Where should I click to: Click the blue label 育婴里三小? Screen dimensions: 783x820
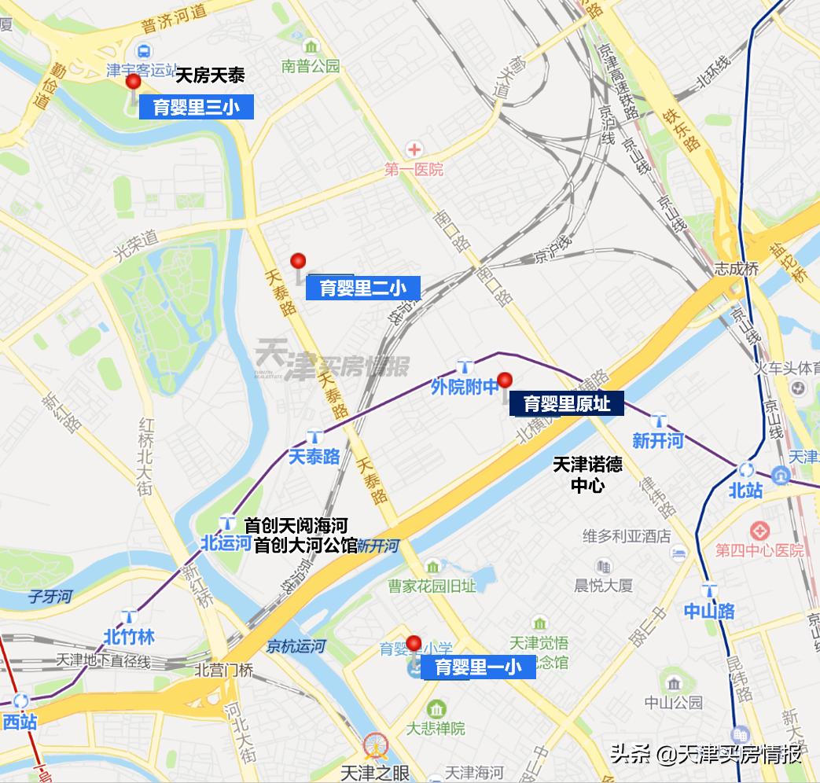coord(197,108)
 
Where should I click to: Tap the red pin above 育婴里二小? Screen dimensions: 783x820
coord(297,261)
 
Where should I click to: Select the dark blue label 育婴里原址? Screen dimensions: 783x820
coord(567,404)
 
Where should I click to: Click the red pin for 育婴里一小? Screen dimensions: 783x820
coord(414,644)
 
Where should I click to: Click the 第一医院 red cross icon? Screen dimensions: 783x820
coord(414,149)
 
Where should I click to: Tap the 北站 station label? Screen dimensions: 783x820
coord(745,491)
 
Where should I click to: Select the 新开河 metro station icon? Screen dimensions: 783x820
coord(658,421)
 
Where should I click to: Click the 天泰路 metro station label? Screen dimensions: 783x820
coord(314,456)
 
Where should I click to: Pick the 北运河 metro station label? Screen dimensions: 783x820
coord(226,542)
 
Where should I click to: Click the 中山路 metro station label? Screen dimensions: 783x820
coord(709,610)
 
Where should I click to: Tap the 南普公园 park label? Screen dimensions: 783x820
coord(311,67)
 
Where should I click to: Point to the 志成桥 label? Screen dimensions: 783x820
coord(737,269)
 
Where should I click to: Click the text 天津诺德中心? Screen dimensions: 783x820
coord(587,474)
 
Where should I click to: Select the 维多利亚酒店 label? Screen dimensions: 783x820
coord(627,536)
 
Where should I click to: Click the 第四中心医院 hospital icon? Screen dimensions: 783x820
coord(759,531)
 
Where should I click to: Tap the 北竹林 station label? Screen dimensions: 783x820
coord(129,637)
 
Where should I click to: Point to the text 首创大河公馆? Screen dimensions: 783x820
coord(305,544)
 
